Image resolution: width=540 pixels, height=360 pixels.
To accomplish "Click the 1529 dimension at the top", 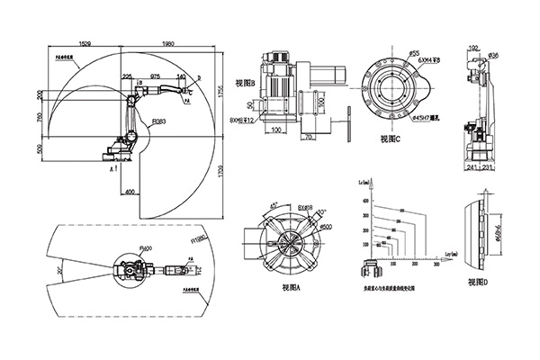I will click(x=84, y=42).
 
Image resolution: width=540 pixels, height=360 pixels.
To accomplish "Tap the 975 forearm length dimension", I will click(x=155, y=77).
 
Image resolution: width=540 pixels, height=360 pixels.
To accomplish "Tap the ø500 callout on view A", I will click(x=313, y=227).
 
